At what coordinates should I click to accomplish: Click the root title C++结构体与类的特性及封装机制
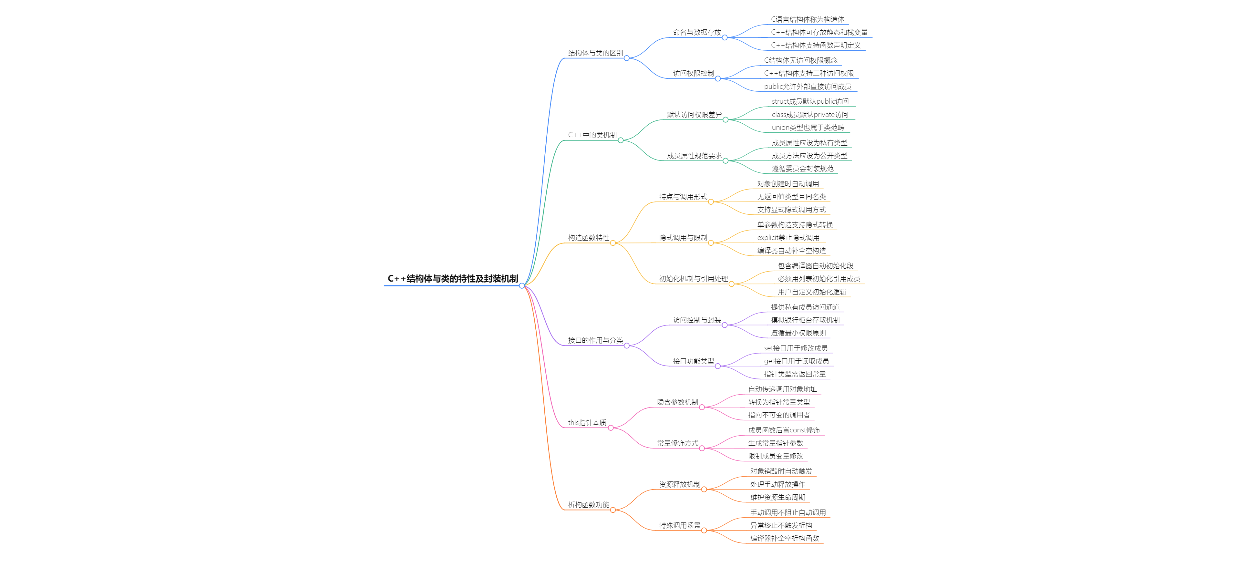452,279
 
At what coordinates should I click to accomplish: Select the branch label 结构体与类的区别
595,53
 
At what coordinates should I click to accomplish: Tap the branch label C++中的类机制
592,135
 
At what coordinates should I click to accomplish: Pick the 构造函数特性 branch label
589,238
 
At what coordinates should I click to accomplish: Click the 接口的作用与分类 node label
595,340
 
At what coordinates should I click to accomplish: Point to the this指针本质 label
587,422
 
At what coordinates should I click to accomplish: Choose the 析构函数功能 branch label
589,504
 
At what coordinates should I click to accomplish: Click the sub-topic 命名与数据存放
697,32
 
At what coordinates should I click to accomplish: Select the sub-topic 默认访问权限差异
694,115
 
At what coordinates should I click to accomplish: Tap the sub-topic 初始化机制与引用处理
693,279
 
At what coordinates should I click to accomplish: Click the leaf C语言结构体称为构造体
808,19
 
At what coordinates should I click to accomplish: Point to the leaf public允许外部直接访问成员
808,86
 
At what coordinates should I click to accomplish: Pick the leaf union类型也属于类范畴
808,127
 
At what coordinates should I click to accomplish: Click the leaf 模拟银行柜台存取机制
805,320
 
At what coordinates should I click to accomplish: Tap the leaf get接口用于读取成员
796,361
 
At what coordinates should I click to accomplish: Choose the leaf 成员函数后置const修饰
784,430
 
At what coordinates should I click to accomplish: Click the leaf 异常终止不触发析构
781,525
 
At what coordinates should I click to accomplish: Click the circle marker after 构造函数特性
613,243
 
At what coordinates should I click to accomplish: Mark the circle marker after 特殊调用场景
704,530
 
